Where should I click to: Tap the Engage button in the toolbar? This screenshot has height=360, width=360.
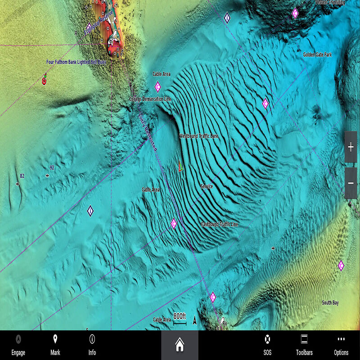pyautogui.click(x=18, y=345)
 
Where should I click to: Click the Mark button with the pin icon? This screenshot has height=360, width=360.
pyautogui.click(x=55, y=345)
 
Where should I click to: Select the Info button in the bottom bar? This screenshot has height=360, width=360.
pyautogui.click(x=92, y=345)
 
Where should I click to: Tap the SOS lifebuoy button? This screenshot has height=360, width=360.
pyautogui.click(x=267, y=345)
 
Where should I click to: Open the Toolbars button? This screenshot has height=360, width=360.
pyautogui.click(x=304, y=345)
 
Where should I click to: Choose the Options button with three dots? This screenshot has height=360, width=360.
pyautogui.click(x=341, y=345)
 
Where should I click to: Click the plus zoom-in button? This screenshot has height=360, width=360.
pyautogui.click(x=351, y=147)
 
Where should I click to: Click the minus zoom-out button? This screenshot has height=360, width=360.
pyautogui.click(x=351, y=183)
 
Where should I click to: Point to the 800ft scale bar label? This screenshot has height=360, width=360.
pyautogui.click(x=180, y=315)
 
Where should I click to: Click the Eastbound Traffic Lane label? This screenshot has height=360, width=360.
pyautogui.click(x=219, y=224)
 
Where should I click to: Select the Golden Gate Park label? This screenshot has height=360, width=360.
pyautogui.click(x=317, y=54)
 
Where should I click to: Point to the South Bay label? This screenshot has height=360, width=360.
pyautogui.click(x=330, y=303)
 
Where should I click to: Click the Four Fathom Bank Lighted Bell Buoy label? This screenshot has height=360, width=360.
pyautogui.click(x=76, y=62)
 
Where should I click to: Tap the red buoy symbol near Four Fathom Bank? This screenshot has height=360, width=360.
pyautogui.click(x=44, y=81)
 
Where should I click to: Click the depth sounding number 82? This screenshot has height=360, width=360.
pyautogui.click(x=22, y=176)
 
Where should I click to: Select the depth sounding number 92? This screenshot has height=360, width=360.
pyautogui.click(x=52, y=167)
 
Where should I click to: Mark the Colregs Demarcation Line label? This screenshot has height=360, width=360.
pyautogui.click(x=150, y=99)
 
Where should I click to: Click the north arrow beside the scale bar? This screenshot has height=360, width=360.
pyautogui.click(x=194, y=320)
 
